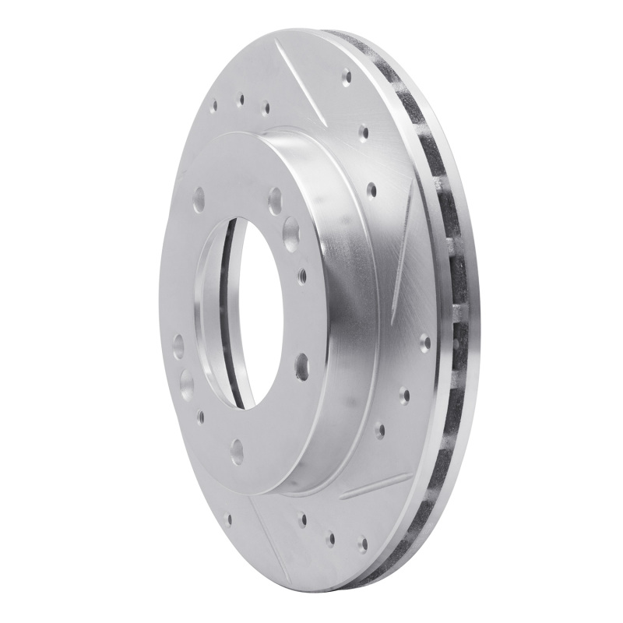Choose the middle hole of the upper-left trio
point(241,99)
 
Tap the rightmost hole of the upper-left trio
point(266,108)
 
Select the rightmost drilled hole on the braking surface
point(424,340)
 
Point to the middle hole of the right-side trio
point(404,393)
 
